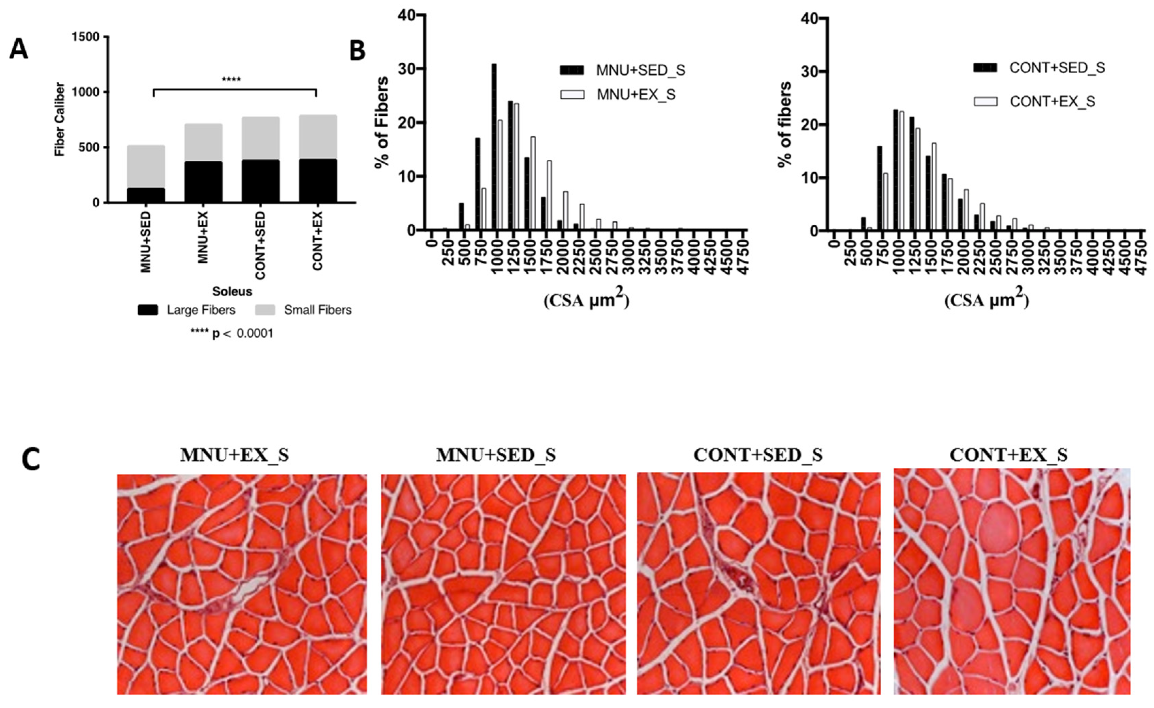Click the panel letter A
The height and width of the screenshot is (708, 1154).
(x=19, y=49)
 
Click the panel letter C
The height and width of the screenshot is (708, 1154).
(x=31, y=460)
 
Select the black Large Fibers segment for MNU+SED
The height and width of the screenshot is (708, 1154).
(x=146, y=195)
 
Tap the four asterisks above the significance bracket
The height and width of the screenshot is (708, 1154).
(x=231, y=80)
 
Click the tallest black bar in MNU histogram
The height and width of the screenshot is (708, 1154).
(x=494, y=147)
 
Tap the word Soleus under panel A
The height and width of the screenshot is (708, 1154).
(x=232, y=291)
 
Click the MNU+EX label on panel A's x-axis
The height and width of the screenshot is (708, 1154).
(x=203, y=238)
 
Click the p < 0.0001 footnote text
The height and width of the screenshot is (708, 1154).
(x=232, y=333)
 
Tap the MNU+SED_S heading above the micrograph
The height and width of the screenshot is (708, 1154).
(x=496, y=455)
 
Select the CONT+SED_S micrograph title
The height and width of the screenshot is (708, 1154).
(x=758, y=455)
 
